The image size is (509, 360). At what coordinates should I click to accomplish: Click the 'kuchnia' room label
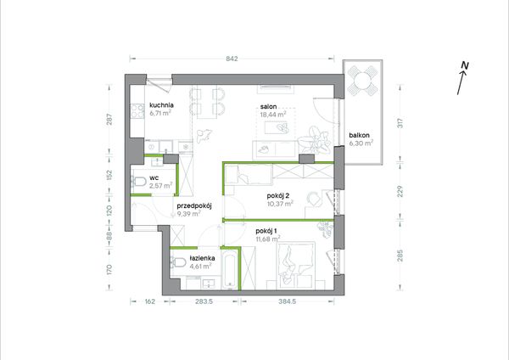pyautogui.click(x=161, y=105)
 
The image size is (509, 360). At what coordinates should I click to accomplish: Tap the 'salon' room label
pyautogui.click(x=268, y=107)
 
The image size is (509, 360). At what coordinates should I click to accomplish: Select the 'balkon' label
pyautogui.click(x=360, y=136)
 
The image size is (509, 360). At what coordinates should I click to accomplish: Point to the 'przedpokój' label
pyautogui.click(x=194, y=206)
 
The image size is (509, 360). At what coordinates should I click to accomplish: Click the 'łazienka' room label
pyautogui.click(x=202, y=258)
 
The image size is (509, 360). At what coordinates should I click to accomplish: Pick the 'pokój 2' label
pyautogui.click(x=278, y=196)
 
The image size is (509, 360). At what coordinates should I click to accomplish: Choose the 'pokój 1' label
pyautogui.click(x=266, y=231)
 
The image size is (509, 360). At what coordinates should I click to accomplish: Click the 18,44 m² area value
pyautogui.click(x=273, y=114)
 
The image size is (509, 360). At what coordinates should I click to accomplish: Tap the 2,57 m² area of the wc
pyautogui.click(x=160, y=186)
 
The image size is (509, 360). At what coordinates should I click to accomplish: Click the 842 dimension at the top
pyautogui.click(x=232, y=59)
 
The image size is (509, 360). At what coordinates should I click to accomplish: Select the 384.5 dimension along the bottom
pyautogui.click(x=288, y=301)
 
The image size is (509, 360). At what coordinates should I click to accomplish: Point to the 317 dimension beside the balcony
pyautogui.click(x=400, y=123)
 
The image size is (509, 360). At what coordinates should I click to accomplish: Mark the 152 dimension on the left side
pyautogui.click(x=109, y=176)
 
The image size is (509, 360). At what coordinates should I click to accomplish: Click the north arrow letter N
pyautogui.click(x=465, y=65)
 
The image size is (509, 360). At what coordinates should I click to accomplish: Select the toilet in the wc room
pyautogui.click(x=138, y=182)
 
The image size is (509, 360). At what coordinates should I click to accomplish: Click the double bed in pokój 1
pyautogui.click(x=296, y=265)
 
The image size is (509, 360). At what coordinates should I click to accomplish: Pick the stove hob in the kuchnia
pyautogui.click(x=137, y=111)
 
